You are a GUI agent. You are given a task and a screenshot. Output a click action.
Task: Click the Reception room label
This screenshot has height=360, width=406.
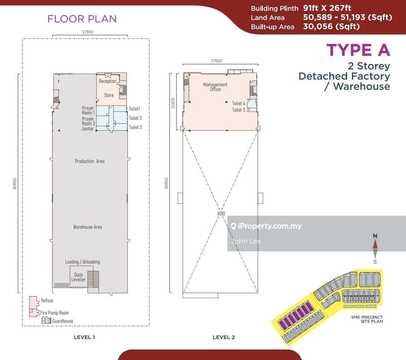(108, 81)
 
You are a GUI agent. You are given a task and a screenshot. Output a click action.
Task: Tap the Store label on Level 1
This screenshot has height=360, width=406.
(109, 95)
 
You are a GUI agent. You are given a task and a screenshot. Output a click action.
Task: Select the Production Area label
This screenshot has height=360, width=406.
(89, 161)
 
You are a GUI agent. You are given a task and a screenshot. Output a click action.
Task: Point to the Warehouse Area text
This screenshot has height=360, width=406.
(88, 227)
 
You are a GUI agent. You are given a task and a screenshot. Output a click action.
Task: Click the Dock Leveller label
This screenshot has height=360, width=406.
(79, 277)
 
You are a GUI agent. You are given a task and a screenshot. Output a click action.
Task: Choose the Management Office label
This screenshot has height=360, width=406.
(215, 87)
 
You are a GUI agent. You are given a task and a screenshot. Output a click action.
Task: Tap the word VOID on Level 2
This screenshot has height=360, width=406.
(221, 213)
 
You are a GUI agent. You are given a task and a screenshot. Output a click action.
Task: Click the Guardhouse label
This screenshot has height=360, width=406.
(63, 321)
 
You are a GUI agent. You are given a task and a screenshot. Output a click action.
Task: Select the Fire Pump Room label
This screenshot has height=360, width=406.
(55, 313)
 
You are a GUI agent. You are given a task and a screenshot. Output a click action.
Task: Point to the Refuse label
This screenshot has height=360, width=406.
(47, 301)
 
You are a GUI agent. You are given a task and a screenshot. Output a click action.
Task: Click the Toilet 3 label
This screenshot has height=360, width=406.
(135, 127)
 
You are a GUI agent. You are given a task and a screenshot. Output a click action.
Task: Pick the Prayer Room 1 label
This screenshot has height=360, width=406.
(88, 110)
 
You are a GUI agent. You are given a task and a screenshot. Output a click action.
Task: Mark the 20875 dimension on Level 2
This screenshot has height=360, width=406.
(173, 103)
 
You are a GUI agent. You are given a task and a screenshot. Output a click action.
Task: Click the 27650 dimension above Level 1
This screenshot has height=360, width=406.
(88, 32)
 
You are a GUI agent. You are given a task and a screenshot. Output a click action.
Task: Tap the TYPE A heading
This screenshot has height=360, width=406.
(358, 50)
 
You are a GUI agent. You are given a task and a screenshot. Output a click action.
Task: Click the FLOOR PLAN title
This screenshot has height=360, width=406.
(82, 19)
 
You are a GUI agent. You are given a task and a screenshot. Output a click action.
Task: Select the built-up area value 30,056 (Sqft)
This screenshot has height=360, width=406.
(332, 26)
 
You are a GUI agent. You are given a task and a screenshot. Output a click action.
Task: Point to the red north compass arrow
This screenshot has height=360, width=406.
(375, 245)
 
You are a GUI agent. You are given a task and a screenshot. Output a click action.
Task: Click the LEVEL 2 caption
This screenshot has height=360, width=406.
(224, 337)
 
